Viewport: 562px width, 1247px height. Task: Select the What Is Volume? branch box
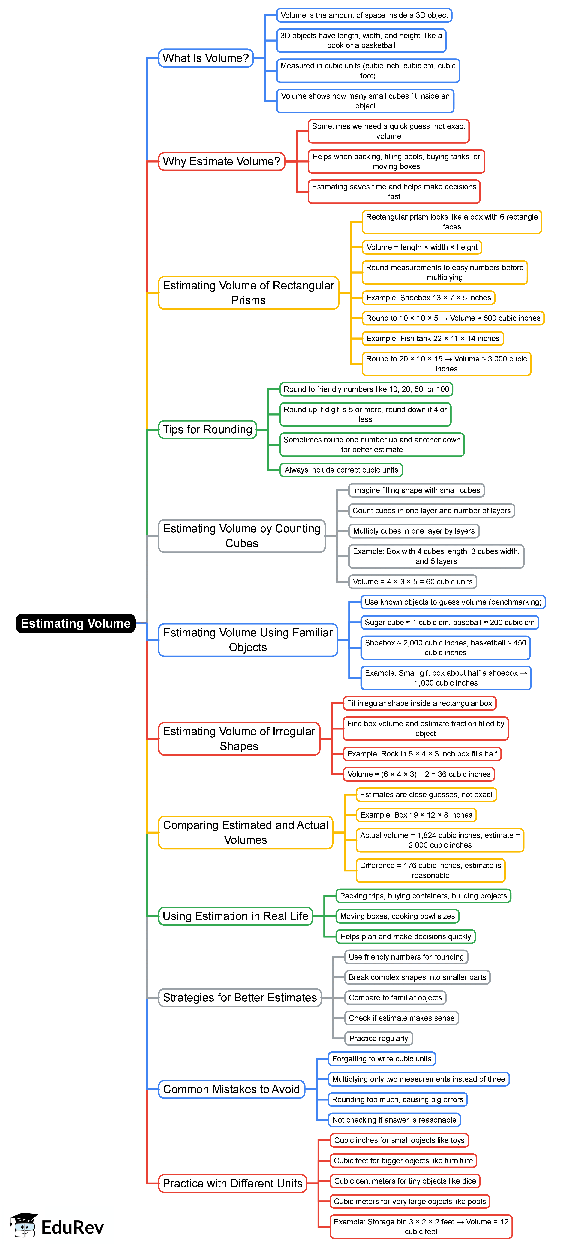click(x=206, y=58)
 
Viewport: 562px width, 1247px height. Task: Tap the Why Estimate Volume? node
click(x=221, y=161)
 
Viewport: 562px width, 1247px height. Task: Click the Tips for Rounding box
click(x=207, y=429)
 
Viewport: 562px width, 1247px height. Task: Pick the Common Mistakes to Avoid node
click(x=231, y=1089)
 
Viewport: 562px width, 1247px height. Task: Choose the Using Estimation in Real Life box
click(x=235, y=916)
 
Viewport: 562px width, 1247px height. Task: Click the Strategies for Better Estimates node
click(x=240, y=998)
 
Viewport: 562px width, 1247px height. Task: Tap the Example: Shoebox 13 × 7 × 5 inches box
click(x=428, y=298)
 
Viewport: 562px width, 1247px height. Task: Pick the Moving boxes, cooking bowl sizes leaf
click(x=397, y=916)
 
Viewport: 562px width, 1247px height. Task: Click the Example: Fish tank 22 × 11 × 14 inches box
click(x=433, y=338)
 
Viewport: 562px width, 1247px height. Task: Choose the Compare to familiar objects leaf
click(x=395, y=998)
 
